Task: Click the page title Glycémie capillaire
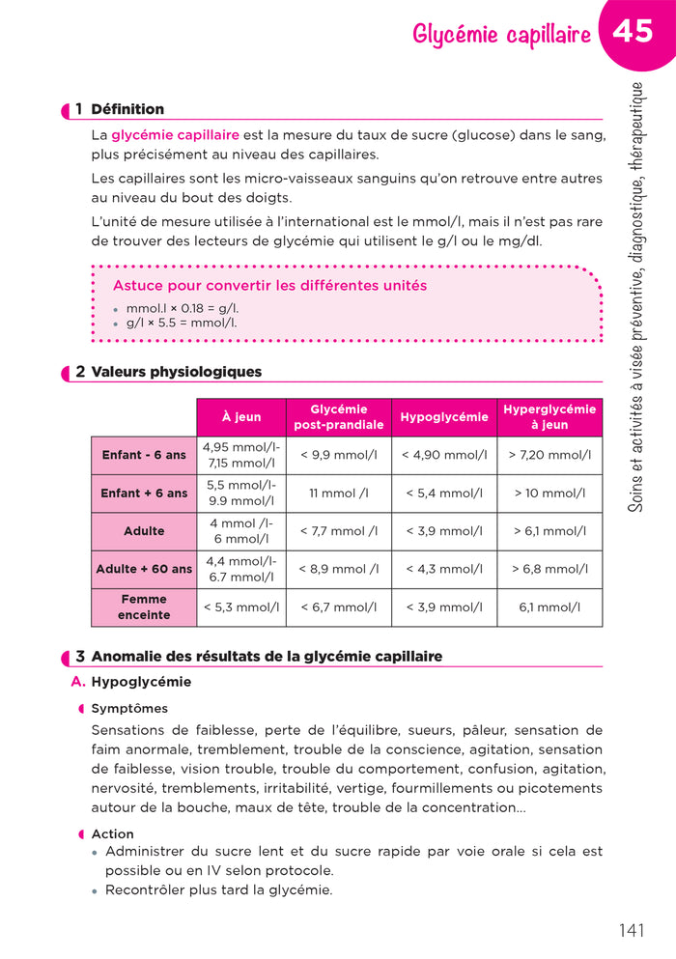pos(501,36)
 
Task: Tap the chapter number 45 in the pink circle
pos(633,32)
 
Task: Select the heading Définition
pos(127,109)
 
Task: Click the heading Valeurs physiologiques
pos(176,372)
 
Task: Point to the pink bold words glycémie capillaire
pos(176,135)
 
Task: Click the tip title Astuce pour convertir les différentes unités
pos(269,286)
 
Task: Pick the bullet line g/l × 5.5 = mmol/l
pos(181,323)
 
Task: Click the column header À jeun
pos(241,417)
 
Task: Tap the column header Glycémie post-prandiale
pos(338,417)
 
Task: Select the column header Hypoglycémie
pos(444,417)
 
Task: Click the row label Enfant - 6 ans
pos(144,455)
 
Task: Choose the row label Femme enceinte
pos(144,607)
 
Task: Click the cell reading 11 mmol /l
pos(338,493)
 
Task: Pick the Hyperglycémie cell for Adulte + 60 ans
pos(549,569)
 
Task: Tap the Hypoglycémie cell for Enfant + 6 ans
pos(444,493)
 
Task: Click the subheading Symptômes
pos(129,708)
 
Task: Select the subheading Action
pos(112,833)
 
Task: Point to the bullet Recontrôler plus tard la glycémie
pos(218,889)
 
